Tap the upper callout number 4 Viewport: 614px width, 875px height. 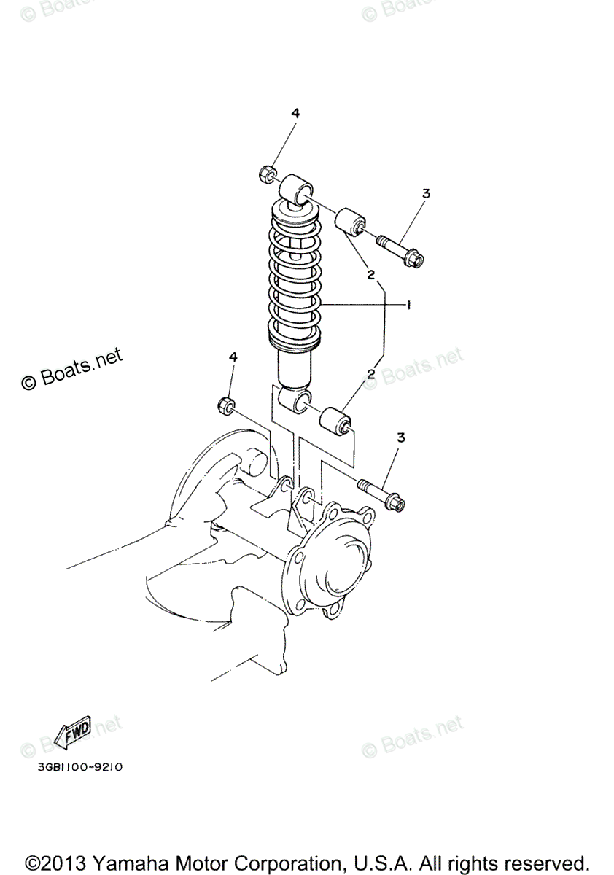(x=295, y=113)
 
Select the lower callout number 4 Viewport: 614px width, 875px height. (x=233, y=357)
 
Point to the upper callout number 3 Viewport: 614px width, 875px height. (x=426, y=194)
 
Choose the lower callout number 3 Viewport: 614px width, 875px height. (x=400, y=437)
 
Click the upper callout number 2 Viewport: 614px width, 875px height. (x=371, y=275)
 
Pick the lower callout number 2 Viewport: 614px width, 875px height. (x=371, y=374)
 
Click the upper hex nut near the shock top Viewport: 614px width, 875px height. (x=267, y=174)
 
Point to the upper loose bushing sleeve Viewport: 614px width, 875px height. (x=351, y=222)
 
